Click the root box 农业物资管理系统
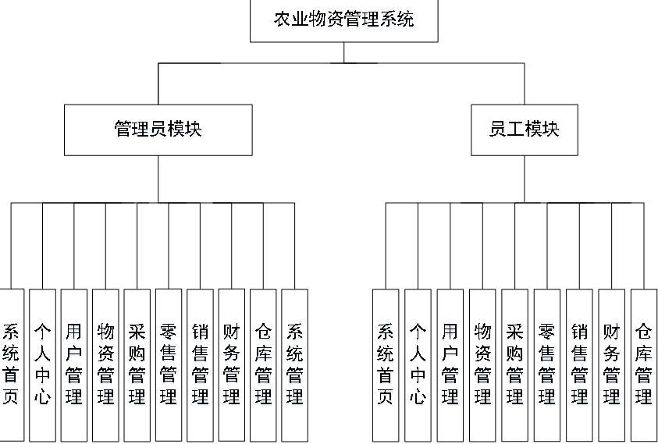click(x=343, y=20)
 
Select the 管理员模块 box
click(x=158, y=130)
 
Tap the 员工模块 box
click(x=525, y=130)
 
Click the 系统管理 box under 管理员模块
click(x=294, y=364)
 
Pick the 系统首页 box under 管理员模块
click(x=11, y=364)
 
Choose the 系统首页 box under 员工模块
click(x=386, y=364)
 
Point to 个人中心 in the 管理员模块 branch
click(x=42, y=364)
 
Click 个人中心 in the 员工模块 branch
click(x=418, y=364)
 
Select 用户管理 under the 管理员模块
click(x=74, y=364)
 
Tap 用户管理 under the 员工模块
click(x=450, y=364)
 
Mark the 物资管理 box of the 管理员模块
click(x=105, y=364)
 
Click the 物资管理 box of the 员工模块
click(x=482, y=364)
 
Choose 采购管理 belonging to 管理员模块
click(x=137, y=364)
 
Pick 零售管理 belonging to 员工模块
click(x=547, y=364)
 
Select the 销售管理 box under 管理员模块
click(x=200, y=364)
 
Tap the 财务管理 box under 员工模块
click(x=612, y=364)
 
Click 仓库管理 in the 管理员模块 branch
click(x=263, y=364)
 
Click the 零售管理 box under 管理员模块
click(x=169, y=364)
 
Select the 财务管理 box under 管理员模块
click(x=231, y=364)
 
